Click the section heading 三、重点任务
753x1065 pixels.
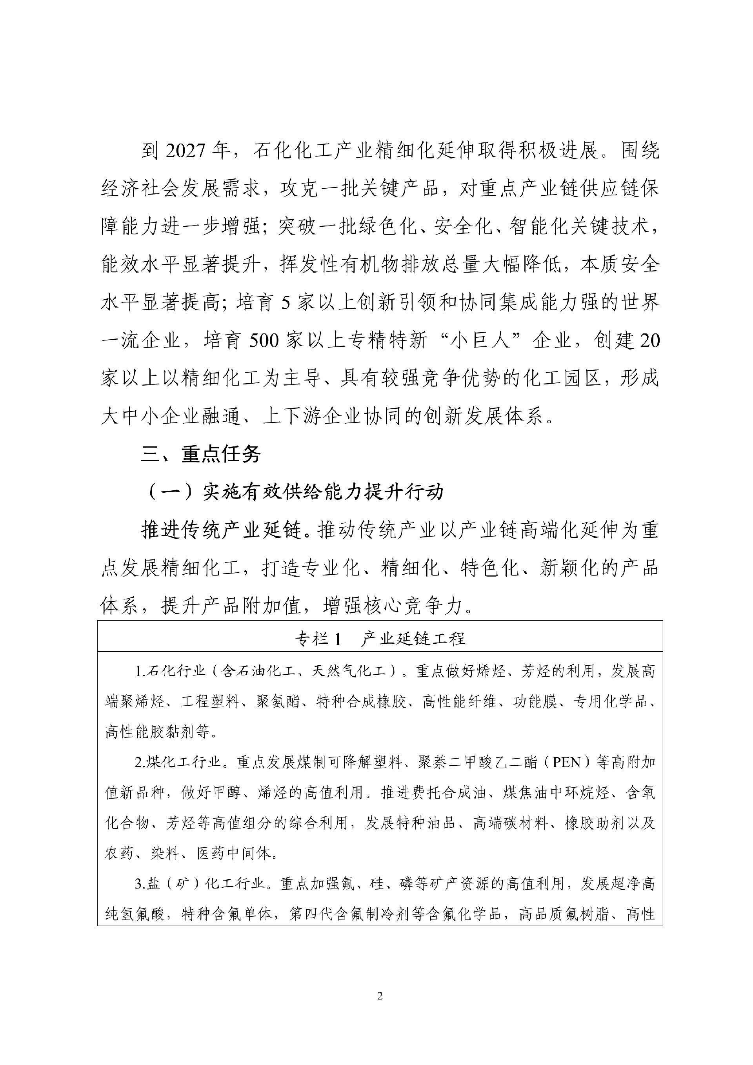(x=201, y=454)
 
